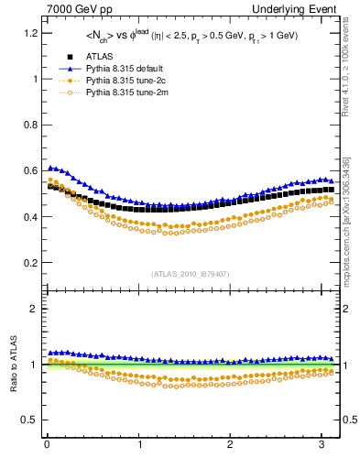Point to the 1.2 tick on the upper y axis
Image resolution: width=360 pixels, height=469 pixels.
(x=29, y=33)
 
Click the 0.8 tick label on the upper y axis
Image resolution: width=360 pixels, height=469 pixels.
(x=29, y=125)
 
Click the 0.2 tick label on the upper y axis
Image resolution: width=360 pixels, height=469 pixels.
(x=29, y=263)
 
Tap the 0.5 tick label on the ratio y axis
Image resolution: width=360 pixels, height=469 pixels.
(x=29, y=420)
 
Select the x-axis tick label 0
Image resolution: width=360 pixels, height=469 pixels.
(x=46, y=445)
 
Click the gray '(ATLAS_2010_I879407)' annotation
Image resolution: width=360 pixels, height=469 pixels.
(x=191, y=273)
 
